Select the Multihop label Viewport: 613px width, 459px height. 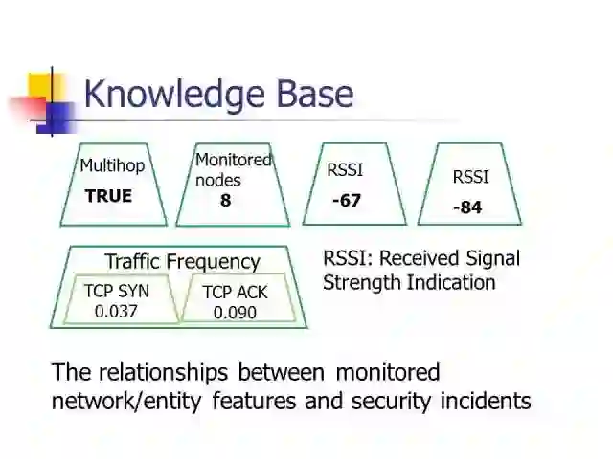coord(112,165)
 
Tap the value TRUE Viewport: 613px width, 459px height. coord(108,196)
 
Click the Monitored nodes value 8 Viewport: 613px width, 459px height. coord(226,201)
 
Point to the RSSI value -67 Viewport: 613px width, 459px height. coord(346,201)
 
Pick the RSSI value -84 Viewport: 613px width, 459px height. coord(467,208)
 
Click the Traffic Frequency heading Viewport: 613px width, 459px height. coord(182,261)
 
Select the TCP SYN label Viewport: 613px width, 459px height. coord(117,291)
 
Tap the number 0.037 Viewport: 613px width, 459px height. coord(117,311)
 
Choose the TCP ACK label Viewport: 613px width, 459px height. coord(235,293)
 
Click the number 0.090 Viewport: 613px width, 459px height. coord(235,313)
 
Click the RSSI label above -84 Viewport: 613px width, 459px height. coord(470,177)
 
